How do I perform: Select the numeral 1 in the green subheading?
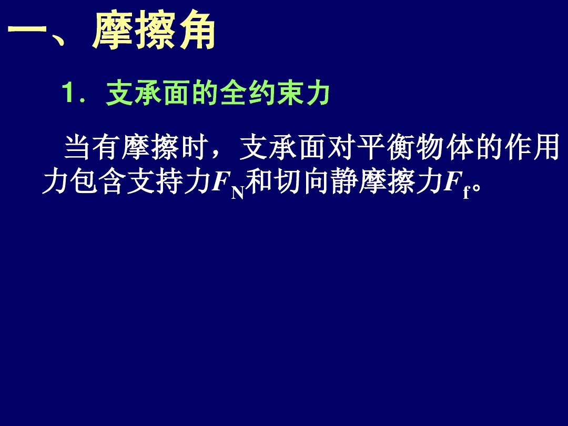click(67, 93)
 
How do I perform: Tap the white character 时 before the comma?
click(194, 147)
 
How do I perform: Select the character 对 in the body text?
click(340, 147)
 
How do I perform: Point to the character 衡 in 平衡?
click(399, 147)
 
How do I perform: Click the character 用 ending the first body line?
click(546, 147)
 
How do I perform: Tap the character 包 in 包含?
click(84, 180)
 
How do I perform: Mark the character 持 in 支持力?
click(169, 180)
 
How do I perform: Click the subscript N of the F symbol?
click(238, 193)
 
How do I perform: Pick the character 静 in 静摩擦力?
click(345, 180)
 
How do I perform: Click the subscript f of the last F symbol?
click(466, 192)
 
